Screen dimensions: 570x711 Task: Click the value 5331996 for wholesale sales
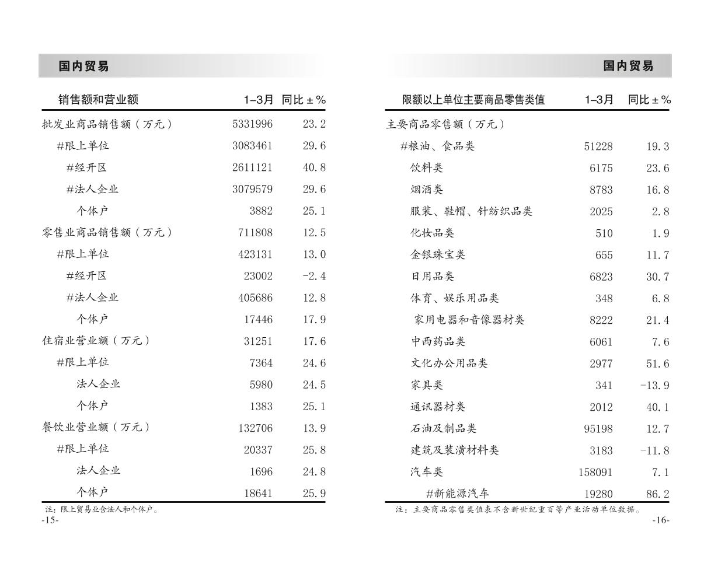252,124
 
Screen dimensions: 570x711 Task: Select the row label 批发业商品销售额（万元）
107,124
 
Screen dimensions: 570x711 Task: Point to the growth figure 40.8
314,167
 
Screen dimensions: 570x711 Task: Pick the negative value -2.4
314,275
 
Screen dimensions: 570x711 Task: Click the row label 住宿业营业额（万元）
96,341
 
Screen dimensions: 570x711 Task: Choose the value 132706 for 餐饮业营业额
255,428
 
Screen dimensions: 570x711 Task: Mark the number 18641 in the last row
258,493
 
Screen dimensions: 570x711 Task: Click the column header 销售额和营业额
98,100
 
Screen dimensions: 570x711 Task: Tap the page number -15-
50,520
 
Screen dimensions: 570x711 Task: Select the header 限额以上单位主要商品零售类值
473,100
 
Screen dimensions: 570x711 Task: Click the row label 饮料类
426,168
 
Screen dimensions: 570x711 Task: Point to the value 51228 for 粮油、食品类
598,146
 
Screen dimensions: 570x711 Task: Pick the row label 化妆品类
432,233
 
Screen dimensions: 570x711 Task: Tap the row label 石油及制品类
443,428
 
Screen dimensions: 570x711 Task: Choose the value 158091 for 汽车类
595,472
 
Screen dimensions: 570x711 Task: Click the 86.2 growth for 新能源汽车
657,494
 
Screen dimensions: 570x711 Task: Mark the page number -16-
661,520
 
